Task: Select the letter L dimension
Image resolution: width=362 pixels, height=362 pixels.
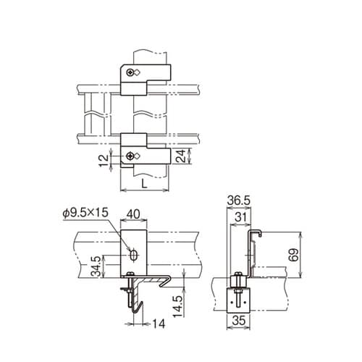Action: click(x=145, y=184)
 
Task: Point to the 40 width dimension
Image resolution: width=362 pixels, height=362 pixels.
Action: click(x=134, y=214)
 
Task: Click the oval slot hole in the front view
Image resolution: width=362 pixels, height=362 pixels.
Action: click(x=134, y=254)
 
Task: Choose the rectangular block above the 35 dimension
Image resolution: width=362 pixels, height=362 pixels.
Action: click(x=238, y=297)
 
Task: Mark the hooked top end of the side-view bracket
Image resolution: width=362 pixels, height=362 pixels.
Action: click(x=254, y=232)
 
